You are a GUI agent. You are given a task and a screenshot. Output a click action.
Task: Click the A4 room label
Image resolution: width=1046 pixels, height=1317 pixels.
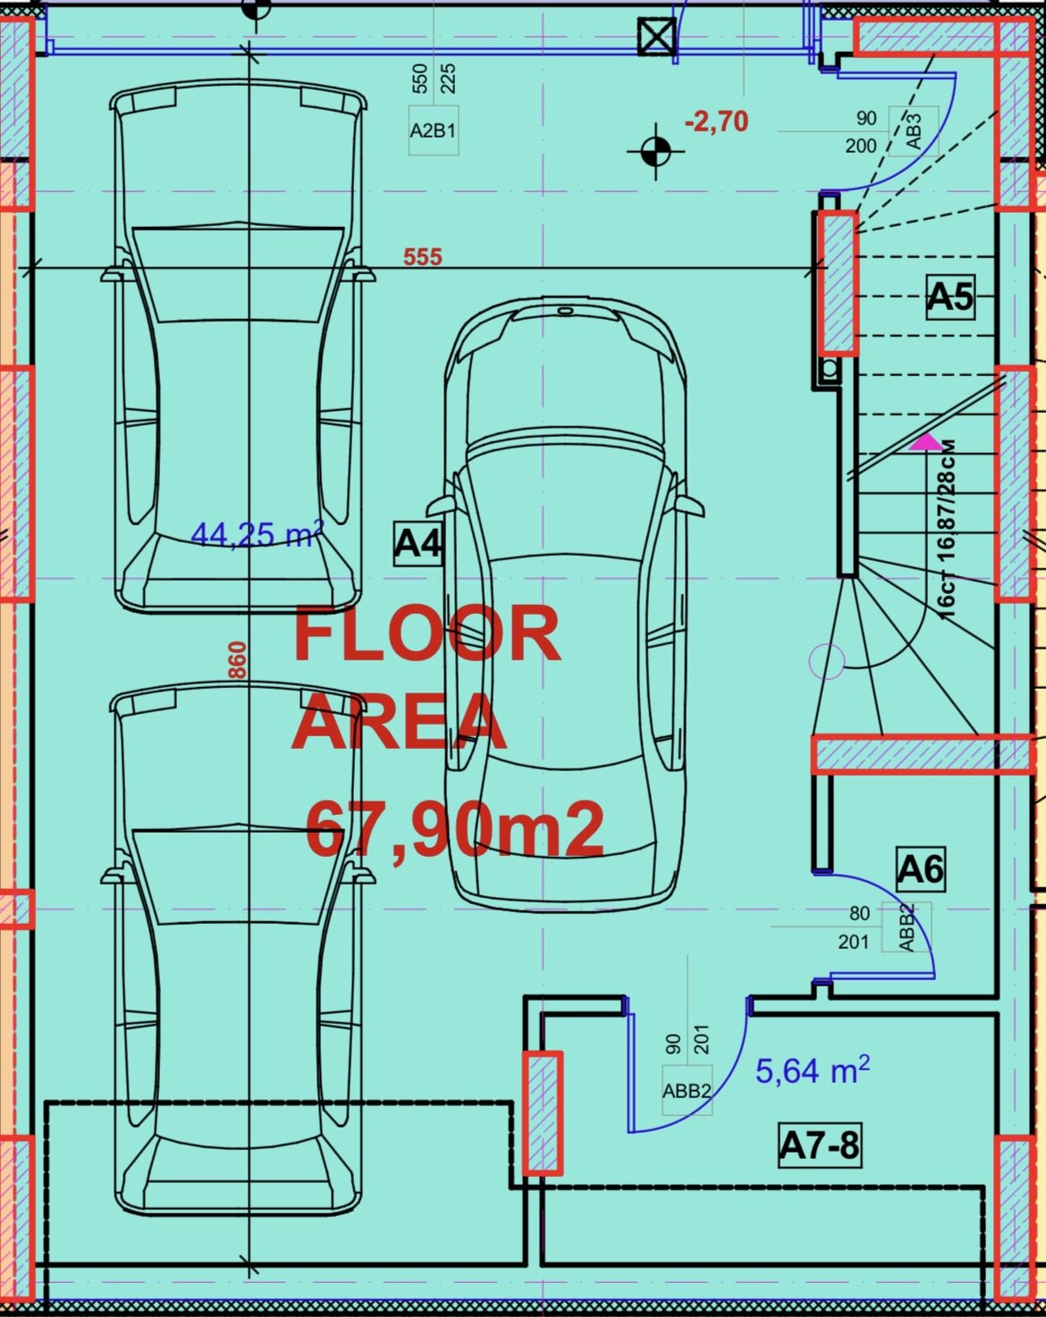click(x=418, y=543)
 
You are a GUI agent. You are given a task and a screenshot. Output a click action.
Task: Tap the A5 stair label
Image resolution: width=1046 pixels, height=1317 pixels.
click(x=949, y=298)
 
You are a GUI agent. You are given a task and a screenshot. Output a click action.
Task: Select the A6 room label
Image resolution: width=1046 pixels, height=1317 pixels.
click(x=921, y=868)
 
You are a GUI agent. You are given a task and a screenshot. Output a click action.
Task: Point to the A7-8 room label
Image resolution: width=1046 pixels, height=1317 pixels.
click(x=820, y=1145)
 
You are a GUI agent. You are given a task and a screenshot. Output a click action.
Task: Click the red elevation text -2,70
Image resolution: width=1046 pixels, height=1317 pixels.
click(x=716, y=122)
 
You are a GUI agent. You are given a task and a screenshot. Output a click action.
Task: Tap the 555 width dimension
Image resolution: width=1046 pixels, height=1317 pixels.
click(x=423, y=257)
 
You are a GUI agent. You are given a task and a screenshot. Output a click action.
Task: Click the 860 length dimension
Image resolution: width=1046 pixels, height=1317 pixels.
click(x=238, y=660)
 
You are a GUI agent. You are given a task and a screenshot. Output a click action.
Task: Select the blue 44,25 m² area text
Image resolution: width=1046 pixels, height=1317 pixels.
click(x=257, y=533)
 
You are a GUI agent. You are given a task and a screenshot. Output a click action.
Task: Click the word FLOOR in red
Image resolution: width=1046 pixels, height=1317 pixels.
click(x=426, y=633)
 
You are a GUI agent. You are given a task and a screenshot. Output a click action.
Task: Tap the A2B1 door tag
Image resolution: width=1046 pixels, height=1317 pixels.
click(x=434, y=131)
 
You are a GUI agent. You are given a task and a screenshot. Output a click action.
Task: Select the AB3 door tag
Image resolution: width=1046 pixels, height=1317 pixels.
click(x=914, y=131)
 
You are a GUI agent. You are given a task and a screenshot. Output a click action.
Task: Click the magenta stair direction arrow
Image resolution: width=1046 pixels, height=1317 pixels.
click(x=926, y=442)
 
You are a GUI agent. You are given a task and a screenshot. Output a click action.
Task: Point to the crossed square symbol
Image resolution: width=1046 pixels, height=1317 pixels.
click(x=656, y=36)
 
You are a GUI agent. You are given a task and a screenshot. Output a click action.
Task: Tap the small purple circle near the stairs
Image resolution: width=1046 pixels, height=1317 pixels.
click(x=827, y=661)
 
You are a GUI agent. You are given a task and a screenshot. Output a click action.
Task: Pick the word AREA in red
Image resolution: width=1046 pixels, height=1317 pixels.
click(x=400, y=722)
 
